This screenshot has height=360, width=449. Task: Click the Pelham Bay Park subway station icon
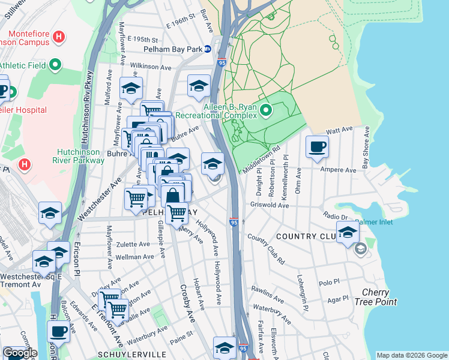click(x=207, y=49)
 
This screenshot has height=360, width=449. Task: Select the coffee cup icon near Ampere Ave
click(x=317, y=146)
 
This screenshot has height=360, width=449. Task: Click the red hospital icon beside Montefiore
click(x=58, y=37)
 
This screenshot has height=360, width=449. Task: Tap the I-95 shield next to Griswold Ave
click(x=234, y=222)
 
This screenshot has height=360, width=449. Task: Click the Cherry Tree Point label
click(x=379, y=297)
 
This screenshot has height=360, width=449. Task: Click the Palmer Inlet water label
click(x=375, y=221)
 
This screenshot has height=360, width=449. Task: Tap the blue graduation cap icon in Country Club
click(x=348, y=231)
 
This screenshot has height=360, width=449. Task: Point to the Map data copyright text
click(x=412, y=355)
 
